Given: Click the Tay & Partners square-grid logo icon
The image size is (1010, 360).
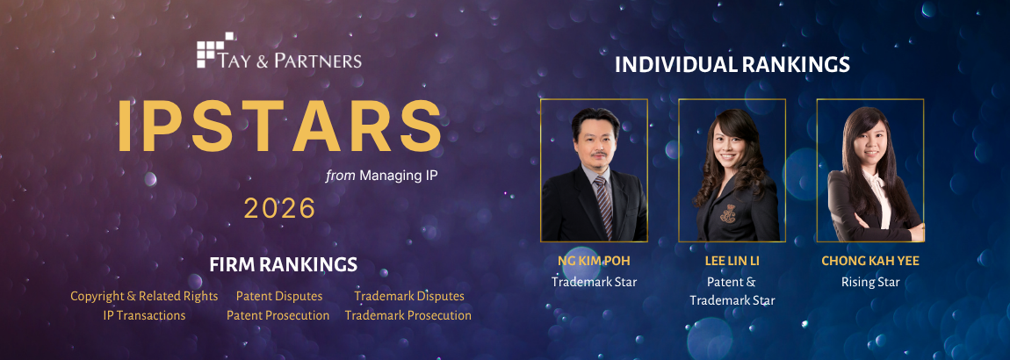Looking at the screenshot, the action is (215, 49).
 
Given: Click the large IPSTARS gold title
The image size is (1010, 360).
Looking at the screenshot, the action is (279, 126).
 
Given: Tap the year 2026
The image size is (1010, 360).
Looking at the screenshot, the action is (279, 208).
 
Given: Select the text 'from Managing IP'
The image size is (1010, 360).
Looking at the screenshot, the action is (381, 175).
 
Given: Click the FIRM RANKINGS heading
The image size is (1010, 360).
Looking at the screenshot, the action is (283, 264).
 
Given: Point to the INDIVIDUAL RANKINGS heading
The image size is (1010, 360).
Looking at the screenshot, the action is (732, 64).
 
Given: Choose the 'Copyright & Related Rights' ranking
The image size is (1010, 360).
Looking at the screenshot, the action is (144, 296).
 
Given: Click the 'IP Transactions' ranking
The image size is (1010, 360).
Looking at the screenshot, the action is (144, 315).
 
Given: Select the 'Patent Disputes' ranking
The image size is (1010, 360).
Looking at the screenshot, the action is (279, 296).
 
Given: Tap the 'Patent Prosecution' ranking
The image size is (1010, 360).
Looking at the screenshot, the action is (278, 315).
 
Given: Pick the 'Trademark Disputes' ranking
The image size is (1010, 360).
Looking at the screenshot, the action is (409, 296).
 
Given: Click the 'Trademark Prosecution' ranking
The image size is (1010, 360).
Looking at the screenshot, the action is (408, 315).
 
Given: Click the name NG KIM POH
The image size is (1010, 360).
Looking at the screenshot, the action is (594, 261).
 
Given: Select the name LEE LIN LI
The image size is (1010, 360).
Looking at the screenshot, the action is (732, 261).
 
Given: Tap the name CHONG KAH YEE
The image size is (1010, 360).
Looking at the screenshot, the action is (870, 261).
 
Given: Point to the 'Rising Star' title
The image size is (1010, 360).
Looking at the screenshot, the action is (870, 282).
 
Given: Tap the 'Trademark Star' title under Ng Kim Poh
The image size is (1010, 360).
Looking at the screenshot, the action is (594, 282).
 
